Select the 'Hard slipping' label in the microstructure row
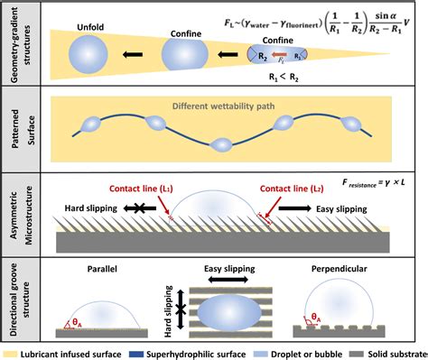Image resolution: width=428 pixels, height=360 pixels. [x=91, y=183]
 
